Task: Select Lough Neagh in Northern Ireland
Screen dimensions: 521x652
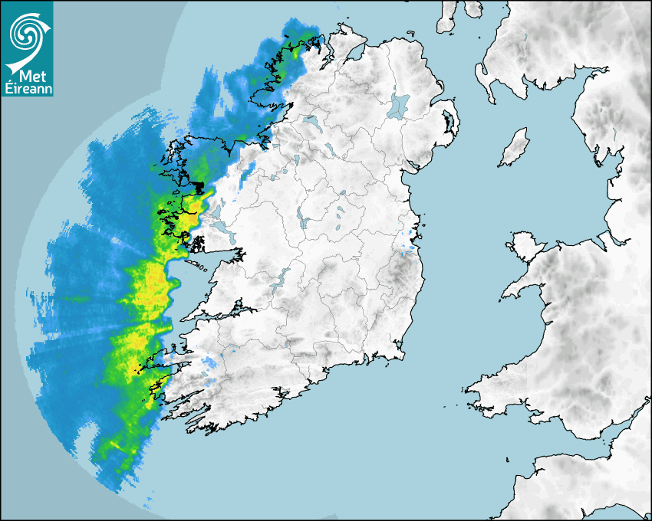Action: click(x=400, y=104)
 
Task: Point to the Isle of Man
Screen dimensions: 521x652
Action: click(x=515, y=147)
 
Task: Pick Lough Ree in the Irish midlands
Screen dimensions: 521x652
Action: click(x=303, y=223)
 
